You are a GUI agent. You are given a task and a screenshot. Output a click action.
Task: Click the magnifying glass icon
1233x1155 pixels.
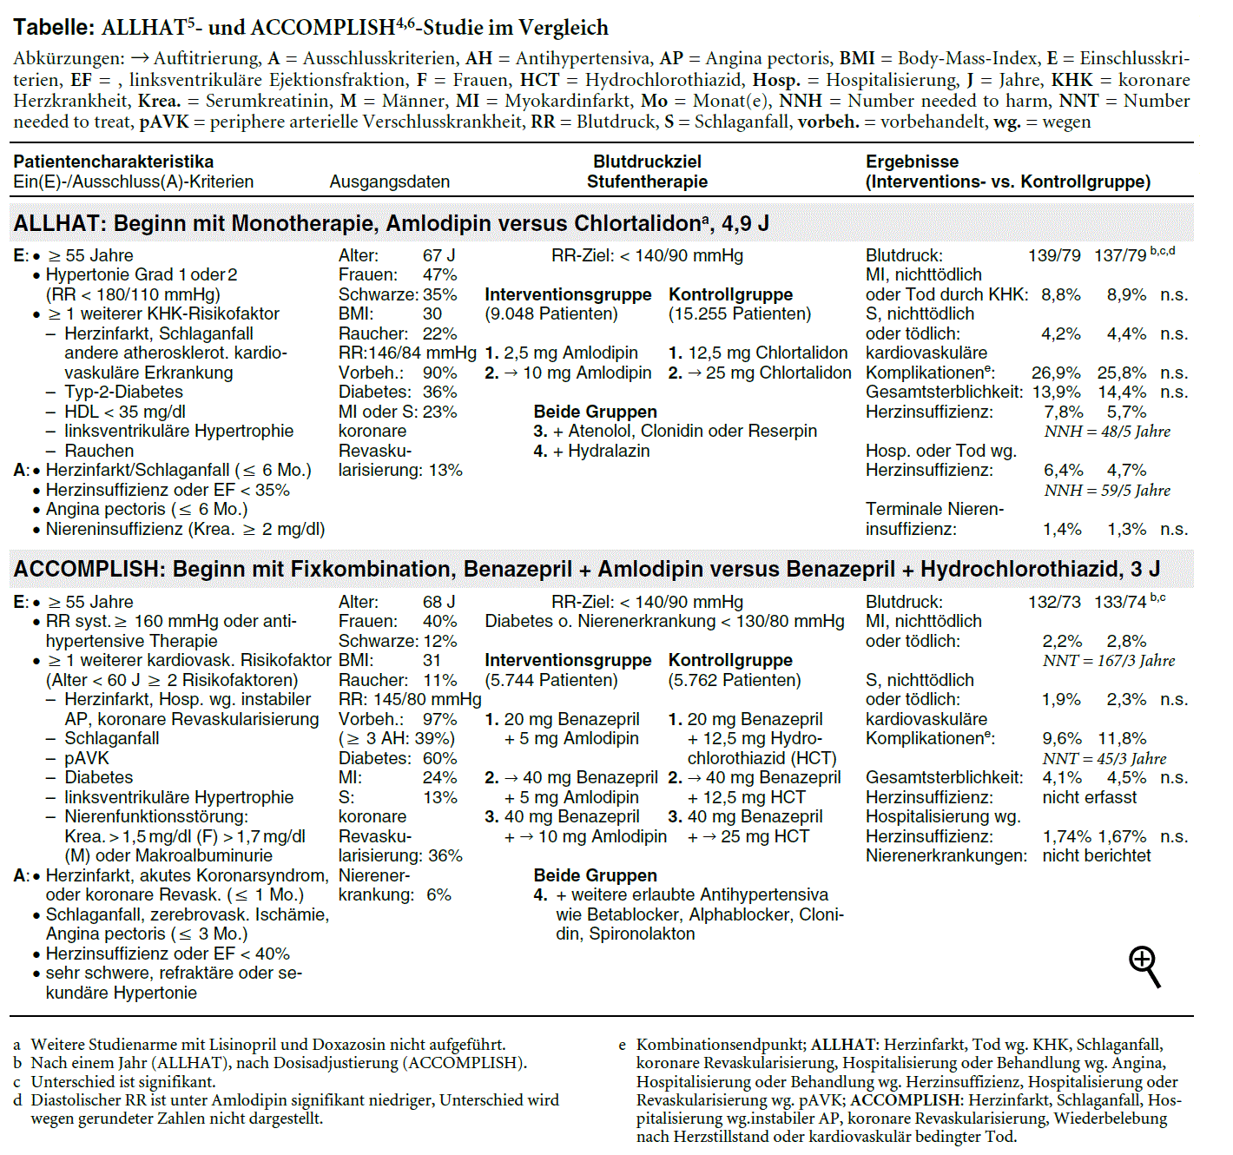click(1144, 966)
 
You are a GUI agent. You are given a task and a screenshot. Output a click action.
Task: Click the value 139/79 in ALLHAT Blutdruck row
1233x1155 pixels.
click(1054, 255)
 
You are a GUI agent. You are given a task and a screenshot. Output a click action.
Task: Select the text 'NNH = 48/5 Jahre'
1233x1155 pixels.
click(1107, 432)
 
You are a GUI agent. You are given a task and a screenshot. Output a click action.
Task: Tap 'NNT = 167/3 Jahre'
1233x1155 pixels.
click(1109, 661)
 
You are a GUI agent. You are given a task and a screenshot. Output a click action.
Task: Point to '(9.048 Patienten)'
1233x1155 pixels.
click(551, 313)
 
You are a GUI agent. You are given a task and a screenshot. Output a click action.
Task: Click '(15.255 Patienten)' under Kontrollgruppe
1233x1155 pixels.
click(740, 313)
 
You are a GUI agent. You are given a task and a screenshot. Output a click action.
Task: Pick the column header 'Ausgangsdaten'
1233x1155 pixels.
click(390, 181)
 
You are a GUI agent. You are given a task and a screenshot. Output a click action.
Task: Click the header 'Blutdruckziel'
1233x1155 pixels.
click(647, 162)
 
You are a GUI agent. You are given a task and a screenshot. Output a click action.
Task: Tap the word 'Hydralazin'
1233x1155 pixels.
click(609, 451)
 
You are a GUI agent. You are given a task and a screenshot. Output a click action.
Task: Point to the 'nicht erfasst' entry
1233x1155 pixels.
click(1090, 797)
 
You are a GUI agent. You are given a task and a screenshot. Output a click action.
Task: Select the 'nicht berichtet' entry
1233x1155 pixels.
click(1097, 855)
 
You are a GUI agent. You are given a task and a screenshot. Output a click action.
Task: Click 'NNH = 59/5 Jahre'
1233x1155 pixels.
click(1107, 491)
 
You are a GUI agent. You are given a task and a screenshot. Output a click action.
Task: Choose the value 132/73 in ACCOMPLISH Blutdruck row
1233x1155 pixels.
click(1054, 602)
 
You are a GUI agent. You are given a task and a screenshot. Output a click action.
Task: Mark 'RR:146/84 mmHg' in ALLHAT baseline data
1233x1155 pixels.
click(407, 353)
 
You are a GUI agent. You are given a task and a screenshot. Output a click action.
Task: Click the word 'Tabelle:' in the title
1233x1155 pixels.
click(54, 27)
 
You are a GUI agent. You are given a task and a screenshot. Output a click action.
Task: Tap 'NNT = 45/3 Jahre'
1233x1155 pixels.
click(1104, 758)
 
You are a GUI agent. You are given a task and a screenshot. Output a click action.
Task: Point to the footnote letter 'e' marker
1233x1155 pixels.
click(622, 1045)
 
